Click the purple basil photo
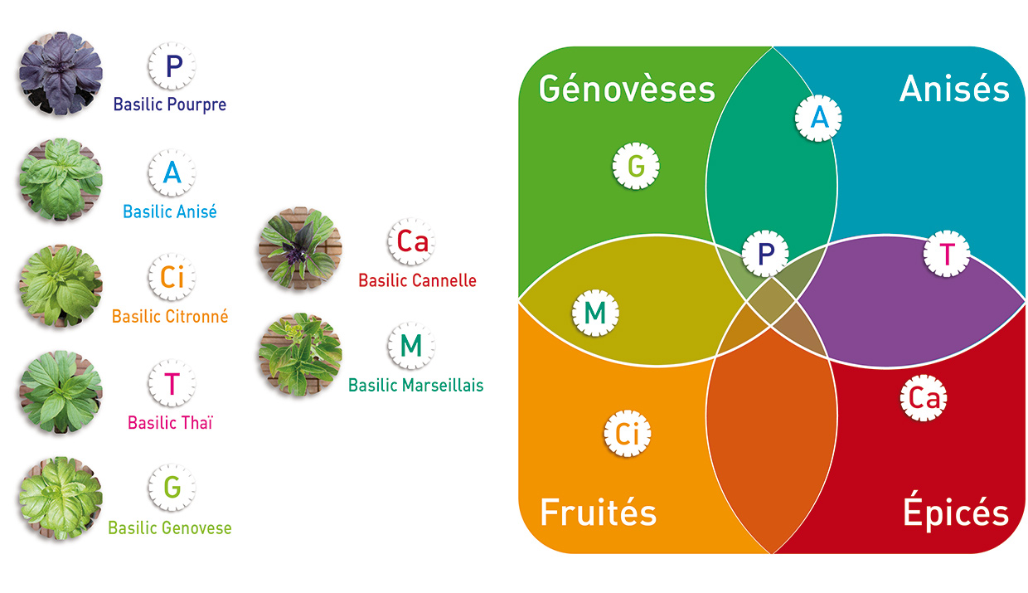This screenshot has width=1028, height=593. pyautogui.click(x=61, y=74)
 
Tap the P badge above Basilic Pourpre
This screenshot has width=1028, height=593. pyautogui.click(x=172, y=66)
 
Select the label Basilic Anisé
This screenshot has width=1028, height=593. pyautogui.click(x=170, y=211)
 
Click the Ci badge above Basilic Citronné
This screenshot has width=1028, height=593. pyautogui.click(x=172, y=277)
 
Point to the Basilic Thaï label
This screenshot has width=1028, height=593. pyautogui.click(x=170, y=423)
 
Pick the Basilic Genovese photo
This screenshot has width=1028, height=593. pyautogui.click(x=61, y=498)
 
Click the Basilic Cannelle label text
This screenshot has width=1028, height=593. pyautogui.click(x=417, y=280)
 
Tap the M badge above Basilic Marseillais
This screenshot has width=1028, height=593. pyautogui.click(x=411, y=346)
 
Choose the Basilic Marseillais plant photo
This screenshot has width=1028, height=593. pyautogui.click(x=300, y=354)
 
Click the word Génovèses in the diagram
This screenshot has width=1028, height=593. pyautogui.click(x=627, y=88)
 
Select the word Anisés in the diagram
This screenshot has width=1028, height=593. pyautogui.click(x=954, y=88)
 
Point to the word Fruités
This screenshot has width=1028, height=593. pyautogui.click(x=599, y=512)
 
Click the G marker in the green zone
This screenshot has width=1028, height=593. pyautogui.click(x=636, y=166)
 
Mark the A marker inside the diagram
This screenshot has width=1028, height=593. pyautogui.click(x=818, y=118)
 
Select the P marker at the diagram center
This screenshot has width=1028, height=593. pyautogui.click(x=765, y=253)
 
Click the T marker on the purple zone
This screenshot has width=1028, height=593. pyautogui.click(x=947, y=253)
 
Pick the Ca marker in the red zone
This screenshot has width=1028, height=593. pyautogui.click(x=924, y=397)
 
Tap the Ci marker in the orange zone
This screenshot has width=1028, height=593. pyautogui.click(x=628, y=433)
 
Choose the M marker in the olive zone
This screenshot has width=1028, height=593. pyautogui.click(x=595, y=313)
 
